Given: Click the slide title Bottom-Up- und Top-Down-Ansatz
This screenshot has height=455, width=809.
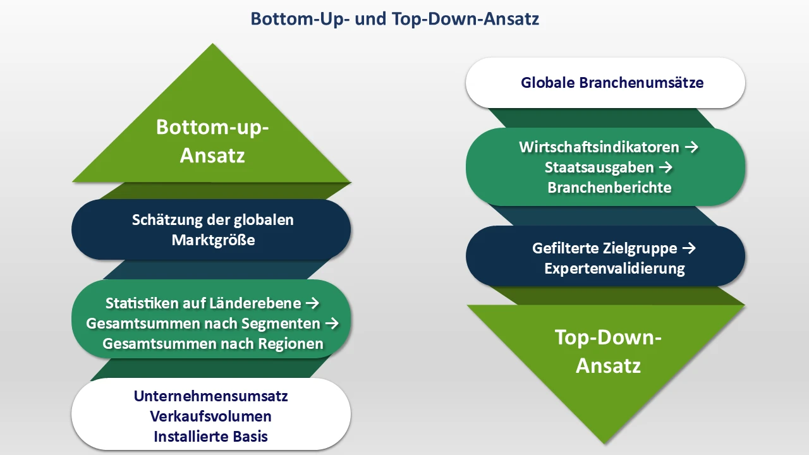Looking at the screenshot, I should point(395,19).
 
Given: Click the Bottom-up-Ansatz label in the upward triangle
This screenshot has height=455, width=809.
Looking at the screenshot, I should point(212,141).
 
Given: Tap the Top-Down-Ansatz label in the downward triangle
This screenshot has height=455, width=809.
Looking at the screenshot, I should point(608,351).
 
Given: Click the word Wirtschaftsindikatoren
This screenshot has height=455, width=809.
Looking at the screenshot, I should point(599,147).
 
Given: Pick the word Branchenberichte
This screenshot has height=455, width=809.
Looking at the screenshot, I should point(609,188).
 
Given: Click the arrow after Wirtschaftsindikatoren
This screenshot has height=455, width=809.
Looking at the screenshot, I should point(691,147).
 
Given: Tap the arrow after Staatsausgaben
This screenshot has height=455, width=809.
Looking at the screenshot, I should point(666,167).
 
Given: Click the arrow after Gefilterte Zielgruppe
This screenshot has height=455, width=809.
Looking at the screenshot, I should point(689,248).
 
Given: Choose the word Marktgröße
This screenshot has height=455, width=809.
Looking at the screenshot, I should point(213,240).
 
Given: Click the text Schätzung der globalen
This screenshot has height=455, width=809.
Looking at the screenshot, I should point(213,220).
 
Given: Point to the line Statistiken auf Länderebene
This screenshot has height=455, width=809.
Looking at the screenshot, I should point(203,303).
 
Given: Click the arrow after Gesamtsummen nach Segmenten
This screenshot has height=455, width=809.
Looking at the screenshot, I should point(332,324).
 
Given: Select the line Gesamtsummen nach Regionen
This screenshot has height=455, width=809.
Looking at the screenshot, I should point(213,344).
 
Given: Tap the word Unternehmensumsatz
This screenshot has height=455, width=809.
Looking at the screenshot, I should point(211,396).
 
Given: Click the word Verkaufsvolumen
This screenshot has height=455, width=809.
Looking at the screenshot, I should point(211,416).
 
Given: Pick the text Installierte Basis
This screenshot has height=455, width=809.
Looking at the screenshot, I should point(211,437).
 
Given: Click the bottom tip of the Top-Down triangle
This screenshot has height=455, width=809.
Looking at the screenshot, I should point(607,441).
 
